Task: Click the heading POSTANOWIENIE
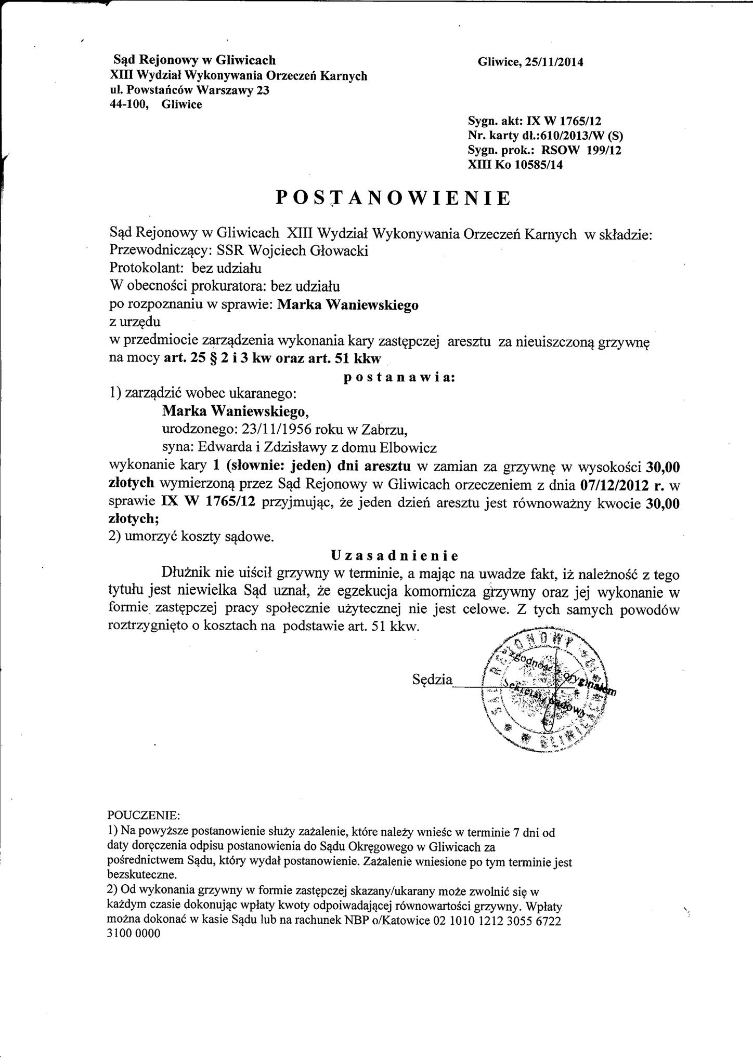[393, 198]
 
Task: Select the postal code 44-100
[134, 104]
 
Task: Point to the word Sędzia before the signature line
[432, 680]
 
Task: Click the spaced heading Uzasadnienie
[394, 556]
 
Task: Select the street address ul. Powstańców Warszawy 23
[192, 90]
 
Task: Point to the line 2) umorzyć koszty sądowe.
[190, 538]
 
